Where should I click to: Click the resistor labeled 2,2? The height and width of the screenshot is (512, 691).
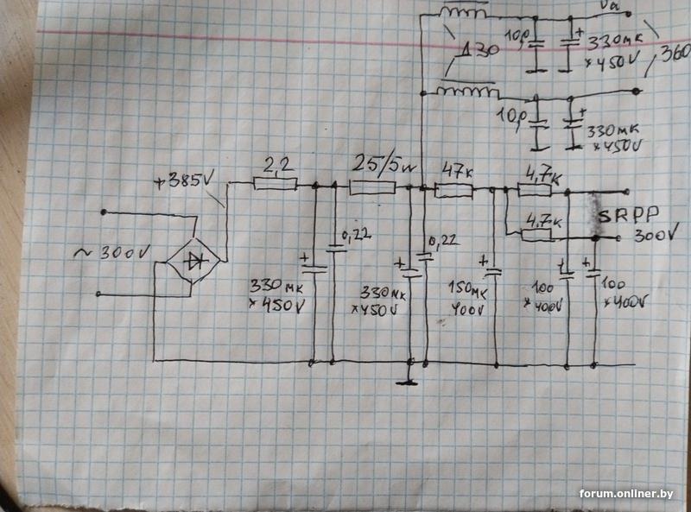276,184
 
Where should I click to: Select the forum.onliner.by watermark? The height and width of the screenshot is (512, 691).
626,493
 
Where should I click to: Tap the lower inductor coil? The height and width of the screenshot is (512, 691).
467,91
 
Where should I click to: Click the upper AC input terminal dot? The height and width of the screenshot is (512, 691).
104,212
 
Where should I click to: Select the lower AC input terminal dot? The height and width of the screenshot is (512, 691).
99,294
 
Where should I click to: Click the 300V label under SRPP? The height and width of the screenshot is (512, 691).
652,237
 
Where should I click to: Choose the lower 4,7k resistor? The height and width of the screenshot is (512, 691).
540,232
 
